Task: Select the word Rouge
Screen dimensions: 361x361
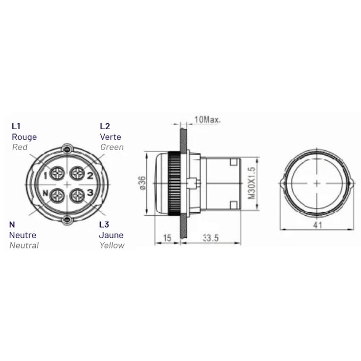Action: [23, 137]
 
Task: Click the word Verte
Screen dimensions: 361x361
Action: [110, 137]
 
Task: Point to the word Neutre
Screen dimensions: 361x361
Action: [23, 235]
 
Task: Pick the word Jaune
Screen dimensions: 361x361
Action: [111, 235]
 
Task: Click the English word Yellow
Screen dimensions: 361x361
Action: [112, 245]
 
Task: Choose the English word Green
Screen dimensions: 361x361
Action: [112, 147]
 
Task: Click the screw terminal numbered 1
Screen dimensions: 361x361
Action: [57, 173]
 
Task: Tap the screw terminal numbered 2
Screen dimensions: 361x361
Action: [77, 173]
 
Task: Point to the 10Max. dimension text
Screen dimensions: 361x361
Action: [207, 119]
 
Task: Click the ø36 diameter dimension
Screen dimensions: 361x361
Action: [142, 182]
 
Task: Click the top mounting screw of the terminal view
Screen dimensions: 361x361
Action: [67, 148]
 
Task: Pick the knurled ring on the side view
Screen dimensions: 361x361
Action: [174, 183]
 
